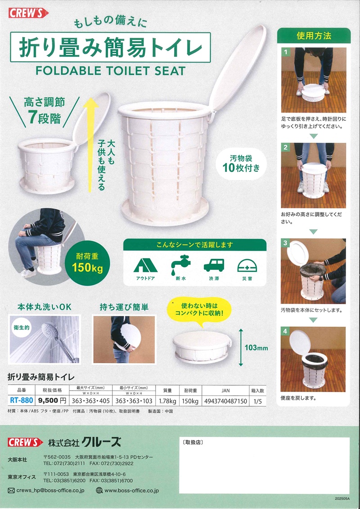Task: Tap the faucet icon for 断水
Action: coord(180,264)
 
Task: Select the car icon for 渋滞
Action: coord(214,265)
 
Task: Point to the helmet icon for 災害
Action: coord(247,266)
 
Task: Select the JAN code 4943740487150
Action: coord(225,401)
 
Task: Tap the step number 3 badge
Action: coord(285,243)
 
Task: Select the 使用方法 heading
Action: coord(314,36)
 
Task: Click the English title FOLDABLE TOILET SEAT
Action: coord(111,71)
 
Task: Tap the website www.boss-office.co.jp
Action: coord(131,491)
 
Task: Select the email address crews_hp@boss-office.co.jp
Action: coord(50,491)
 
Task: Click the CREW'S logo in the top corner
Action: coord(28,14)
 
